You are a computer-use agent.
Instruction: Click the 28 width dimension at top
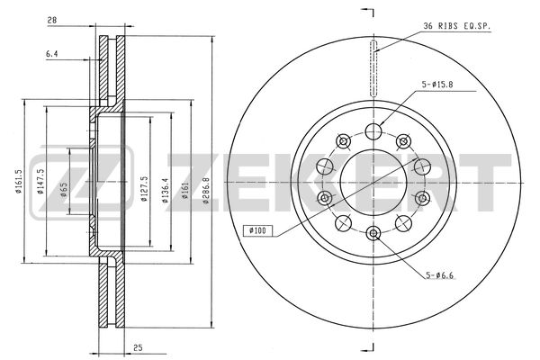point(52,21)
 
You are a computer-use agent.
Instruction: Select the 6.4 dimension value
point(51,54)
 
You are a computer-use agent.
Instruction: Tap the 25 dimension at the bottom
point(138,348)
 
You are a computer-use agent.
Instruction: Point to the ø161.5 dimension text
point(19,182)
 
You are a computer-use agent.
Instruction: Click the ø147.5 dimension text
point(40,182)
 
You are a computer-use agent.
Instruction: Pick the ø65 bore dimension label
point(64,190)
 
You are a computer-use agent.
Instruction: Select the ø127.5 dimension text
point(144,189)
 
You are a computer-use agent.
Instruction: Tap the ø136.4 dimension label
point(166,191)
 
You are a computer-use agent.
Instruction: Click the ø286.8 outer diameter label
point(205,191)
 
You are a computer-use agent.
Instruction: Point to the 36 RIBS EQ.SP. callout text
point(456,26)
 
